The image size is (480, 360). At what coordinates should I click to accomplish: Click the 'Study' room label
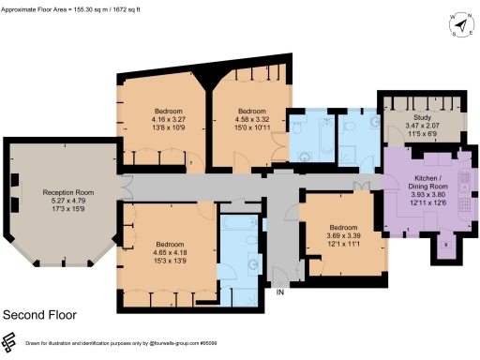coord(422,116)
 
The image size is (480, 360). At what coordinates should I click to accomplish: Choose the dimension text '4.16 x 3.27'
coord(156,119)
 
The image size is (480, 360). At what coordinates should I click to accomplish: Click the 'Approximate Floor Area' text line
coord(75,8)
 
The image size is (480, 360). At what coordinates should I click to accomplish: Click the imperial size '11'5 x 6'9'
coord(422,133)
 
